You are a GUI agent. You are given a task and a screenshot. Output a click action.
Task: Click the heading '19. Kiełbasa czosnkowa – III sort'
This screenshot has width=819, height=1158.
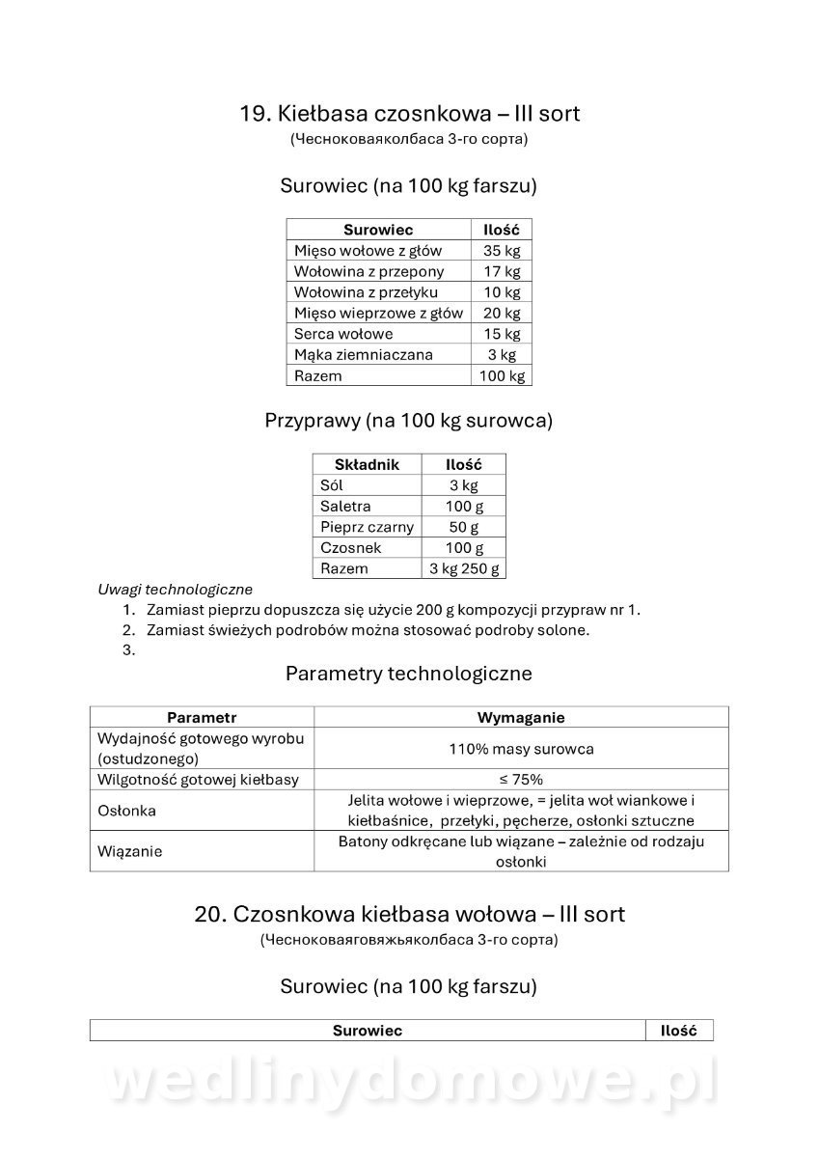[409, 114]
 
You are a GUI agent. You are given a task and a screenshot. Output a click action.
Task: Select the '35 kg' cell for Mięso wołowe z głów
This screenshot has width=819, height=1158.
[501, 251]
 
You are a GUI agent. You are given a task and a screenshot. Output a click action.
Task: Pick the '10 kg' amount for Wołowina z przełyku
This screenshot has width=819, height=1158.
[501, 292]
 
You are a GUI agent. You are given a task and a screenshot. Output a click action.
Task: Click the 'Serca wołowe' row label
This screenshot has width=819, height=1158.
[343, 334]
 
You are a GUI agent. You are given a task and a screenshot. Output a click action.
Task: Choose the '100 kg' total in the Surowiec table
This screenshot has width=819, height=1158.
[501, 375]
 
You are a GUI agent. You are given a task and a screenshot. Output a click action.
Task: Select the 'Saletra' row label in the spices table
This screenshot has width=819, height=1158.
[345, 506]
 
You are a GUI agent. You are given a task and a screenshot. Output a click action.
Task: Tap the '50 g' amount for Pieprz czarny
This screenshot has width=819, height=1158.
[463, 527]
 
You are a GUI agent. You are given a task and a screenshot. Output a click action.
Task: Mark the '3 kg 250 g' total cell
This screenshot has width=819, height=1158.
[463, 568]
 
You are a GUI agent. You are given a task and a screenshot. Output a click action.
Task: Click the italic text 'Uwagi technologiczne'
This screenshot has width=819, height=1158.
[175, 589]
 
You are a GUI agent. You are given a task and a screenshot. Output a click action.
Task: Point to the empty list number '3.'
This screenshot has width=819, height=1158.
[128, 650]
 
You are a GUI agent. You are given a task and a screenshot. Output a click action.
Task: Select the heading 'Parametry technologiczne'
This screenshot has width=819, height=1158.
[409, 674]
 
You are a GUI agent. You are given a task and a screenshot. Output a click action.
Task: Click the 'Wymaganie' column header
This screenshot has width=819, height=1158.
[521, 717]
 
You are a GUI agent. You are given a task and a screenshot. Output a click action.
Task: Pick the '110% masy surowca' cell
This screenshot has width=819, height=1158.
[521, 749]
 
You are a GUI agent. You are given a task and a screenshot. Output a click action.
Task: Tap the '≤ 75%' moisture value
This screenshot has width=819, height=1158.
[521, 779]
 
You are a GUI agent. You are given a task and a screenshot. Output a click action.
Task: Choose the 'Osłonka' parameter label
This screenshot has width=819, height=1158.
[127, 811]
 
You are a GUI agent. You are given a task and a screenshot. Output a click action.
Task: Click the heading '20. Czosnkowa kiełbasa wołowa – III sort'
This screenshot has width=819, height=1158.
[409, 914]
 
